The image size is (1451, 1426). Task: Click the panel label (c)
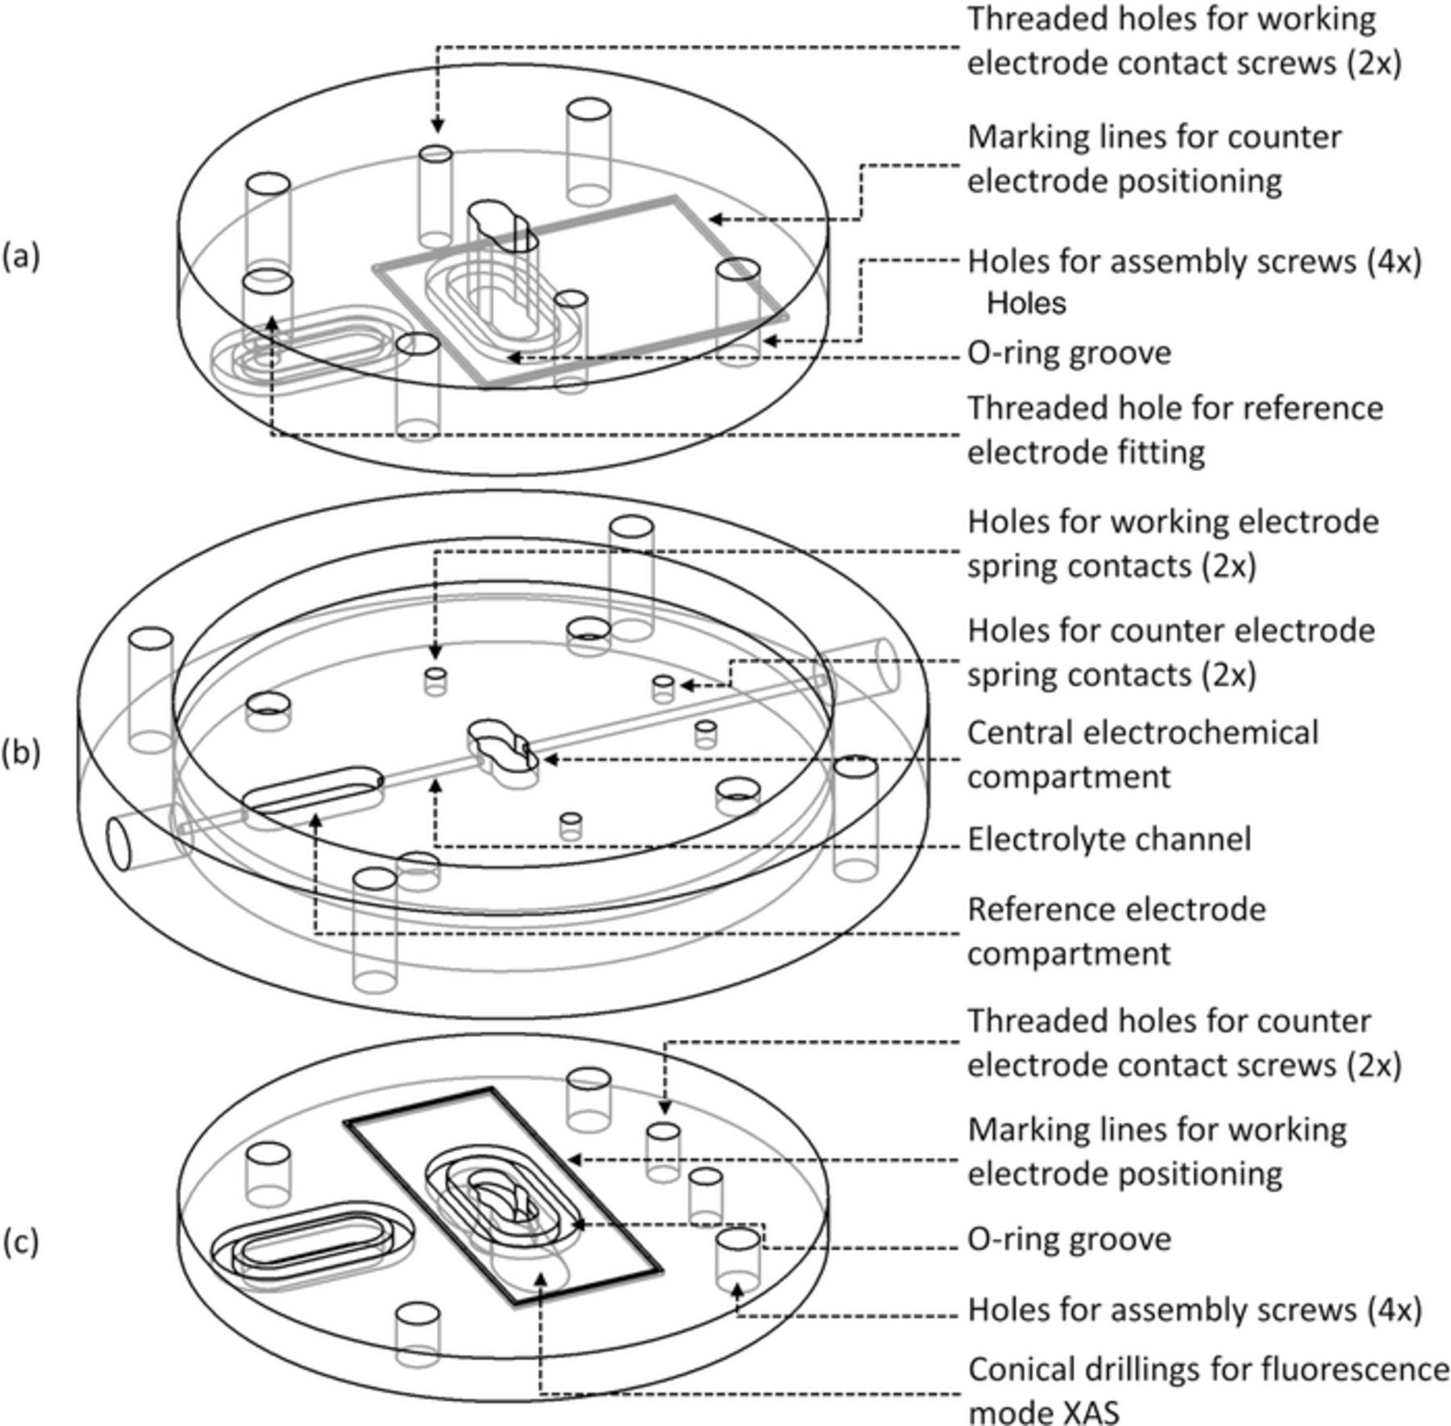pos(20,1242)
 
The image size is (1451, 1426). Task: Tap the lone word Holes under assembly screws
pos(1026,303)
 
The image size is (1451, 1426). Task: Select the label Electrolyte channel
pos(1108,839)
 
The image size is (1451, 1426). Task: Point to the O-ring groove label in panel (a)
pos(1069,353)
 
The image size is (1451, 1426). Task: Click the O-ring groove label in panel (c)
pos(1069,1238)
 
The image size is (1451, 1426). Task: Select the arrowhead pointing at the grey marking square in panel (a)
pos(714,218)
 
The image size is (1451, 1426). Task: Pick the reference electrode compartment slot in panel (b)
pos(313,788)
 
